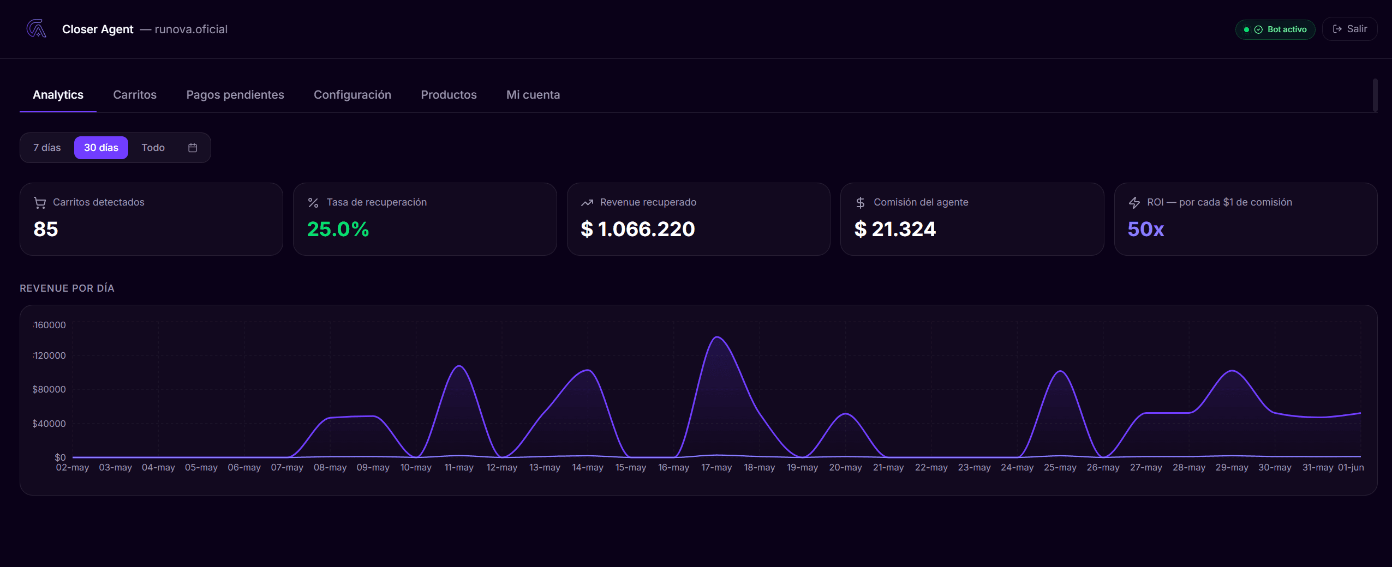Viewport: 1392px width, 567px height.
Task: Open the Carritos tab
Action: [135, 95]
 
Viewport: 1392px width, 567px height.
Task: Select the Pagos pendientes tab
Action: [235, 95]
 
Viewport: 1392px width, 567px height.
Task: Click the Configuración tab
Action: [353, 95]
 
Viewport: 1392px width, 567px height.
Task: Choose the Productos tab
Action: [449, 95]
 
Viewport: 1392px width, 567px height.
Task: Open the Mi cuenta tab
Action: [533, 95]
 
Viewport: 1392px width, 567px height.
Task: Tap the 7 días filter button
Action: [47, 148]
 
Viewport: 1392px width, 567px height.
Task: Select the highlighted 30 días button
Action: [101, 148]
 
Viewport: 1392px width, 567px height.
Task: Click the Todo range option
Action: [153, 148]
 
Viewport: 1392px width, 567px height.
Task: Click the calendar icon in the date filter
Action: [193, 148]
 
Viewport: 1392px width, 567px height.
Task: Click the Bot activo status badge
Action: [1275, 29]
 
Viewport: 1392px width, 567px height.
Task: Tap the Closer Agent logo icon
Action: [36, 29]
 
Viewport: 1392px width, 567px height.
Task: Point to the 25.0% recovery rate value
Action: [338, 229]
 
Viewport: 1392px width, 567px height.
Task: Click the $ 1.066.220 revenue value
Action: [638, 229]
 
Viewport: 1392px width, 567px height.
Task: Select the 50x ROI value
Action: [1146, 229]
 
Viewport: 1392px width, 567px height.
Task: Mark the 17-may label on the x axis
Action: [716, 468]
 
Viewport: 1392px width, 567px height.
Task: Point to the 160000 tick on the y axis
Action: [50, 325]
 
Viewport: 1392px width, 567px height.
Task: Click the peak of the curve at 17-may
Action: [718, 337]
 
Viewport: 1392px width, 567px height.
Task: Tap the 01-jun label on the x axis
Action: [1351, 468]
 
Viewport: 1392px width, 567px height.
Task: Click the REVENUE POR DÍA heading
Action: [67, 288]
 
